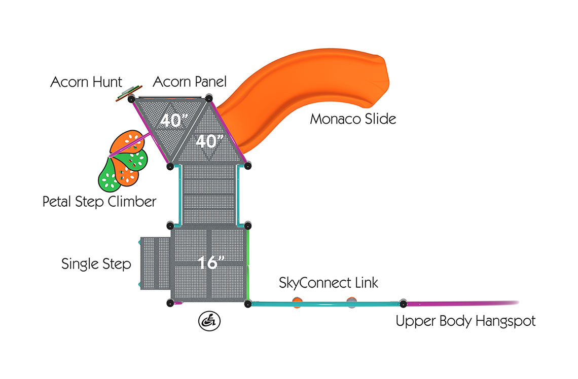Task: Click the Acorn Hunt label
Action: click(x=86, y=82)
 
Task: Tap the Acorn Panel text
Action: click(x=190, y=82)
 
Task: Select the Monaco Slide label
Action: click(x=353, y=119)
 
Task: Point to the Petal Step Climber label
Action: click(x=99, y=202)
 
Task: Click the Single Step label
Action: click(x=96, y=264)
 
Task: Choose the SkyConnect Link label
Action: click(x=329, y=283)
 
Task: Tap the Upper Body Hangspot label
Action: click(x=465, y=321)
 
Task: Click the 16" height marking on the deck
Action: click(x=211, y=263)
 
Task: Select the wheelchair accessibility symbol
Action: click(x=209, y=321)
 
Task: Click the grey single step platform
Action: click(x=155, y=263)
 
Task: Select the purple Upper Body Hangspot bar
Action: click(x=461, y=304)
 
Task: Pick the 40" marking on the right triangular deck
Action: click(x=206, y=140)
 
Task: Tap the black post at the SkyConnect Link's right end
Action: click(x=403, y=304)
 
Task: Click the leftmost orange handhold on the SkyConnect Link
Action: click(x=297, y=303)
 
